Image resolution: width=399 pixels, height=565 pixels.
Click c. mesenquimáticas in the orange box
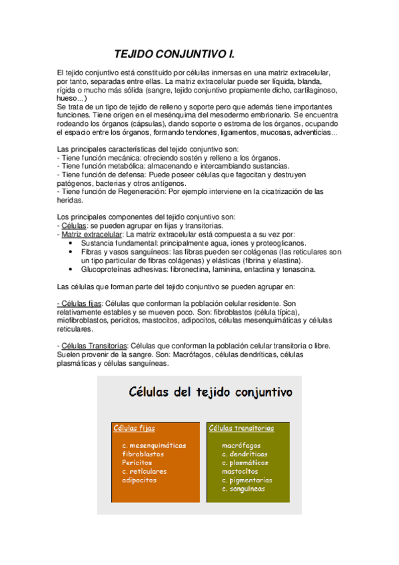click(154, 445)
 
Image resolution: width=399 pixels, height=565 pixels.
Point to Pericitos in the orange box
click(137, 462)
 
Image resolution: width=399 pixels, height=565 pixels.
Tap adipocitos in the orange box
click(139, 480)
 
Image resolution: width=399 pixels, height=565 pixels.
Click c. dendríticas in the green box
click(246, 454)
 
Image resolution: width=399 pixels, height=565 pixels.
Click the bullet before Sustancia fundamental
click(71, 244)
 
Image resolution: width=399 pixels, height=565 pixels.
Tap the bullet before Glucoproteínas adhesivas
click(71, 270)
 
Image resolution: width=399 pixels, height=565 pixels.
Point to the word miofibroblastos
click(79, 320)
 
